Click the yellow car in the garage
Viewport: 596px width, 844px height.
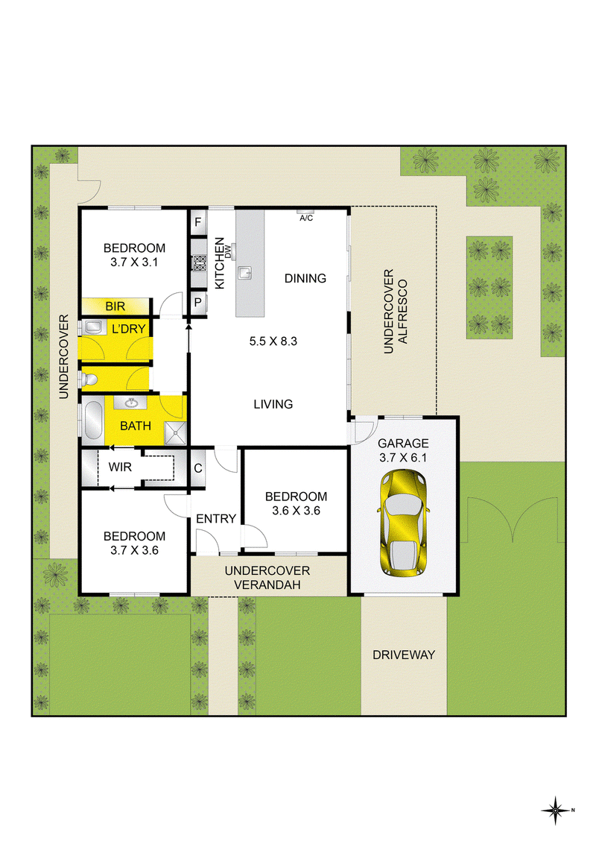click(404, 522)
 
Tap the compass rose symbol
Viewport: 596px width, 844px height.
click(556, 810)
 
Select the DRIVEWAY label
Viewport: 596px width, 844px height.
click(404, 655)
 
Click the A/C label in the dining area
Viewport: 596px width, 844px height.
click(306, 218)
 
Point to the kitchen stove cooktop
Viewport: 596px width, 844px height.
click(200, 262)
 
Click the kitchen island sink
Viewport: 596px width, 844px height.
click(245, 273)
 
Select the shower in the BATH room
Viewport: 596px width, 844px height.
click(175, 434)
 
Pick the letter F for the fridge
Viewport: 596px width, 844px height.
click(198, 222)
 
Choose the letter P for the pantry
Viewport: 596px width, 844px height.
click(198, 303)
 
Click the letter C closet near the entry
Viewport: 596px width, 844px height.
click(198, 468)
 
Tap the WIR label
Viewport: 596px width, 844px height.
click(120, 467)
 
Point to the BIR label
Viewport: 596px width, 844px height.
click(115, 306)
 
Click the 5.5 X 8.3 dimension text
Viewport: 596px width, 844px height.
click(273, 341)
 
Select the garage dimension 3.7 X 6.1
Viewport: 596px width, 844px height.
click(403, 458)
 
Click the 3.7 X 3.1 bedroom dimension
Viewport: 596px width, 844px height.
click(135, 262)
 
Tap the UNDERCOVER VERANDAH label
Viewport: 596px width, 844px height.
click(267, 578)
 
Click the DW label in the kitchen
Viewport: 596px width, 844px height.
click(229, 251)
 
